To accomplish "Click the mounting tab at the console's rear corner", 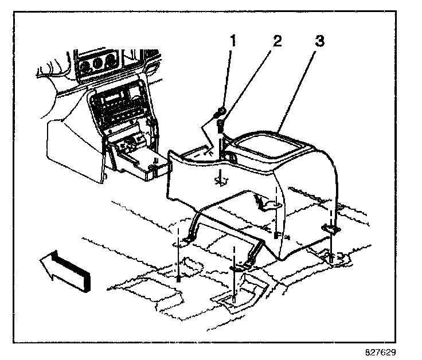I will [331, 228].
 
